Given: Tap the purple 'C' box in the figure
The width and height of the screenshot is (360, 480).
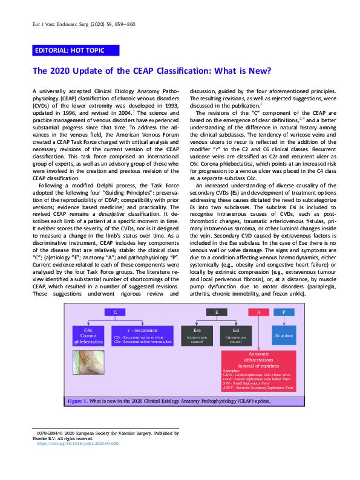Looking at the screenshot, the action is point(114,312).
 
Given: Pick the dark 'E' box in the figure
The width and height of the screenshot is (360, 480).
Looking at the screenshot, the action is point(216,312).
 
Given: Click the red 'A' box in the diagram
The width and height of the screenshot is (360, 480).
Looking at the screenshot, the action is point(258,312).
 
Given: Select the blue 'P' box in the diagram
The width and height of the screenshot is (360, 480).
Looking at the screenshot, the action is point(283,312).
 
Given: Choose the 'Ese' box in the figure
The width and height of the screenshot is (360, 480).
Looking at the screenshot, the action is point(197,336).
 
